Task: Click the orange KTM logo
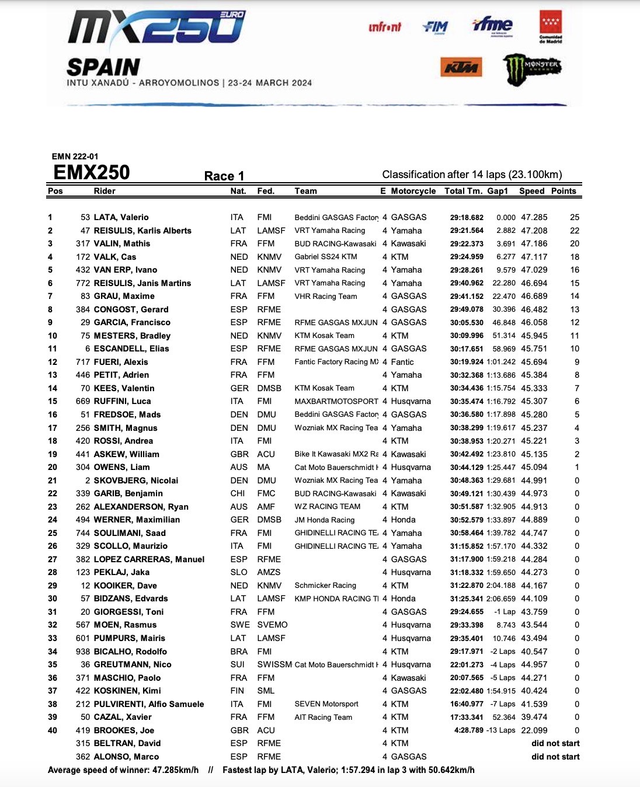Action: (x=461, y=67)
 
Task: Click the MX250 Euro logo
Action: (x=156, y=28)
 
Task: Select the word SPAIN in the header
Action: (x=103, y=68)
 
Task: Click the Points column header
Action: (x=564, y=191)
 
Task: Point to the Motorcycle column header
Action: (x=413, y=191)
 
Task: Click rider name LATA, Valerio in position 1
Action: (x=121, y=217)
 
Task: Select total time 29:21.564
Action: (x=467, y=231)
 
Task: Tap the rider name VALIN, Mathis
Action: (x=121, y=243)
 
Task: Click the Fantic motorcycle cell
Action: (x=402, y=362)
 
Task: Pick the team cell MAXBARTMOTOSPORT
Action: (x=336, y=402)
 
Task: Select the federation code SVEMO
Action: (x=272, y=625)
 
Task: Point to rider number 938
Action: (x=83, y=652)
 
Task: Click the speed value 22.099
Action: (x=534, y=730)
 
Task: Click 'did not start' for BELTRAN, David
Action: (x=555, y=743)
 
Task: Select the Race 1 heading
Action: (x=224, y=176)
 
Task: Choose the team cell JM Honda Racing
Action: (x=324, y=520)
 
